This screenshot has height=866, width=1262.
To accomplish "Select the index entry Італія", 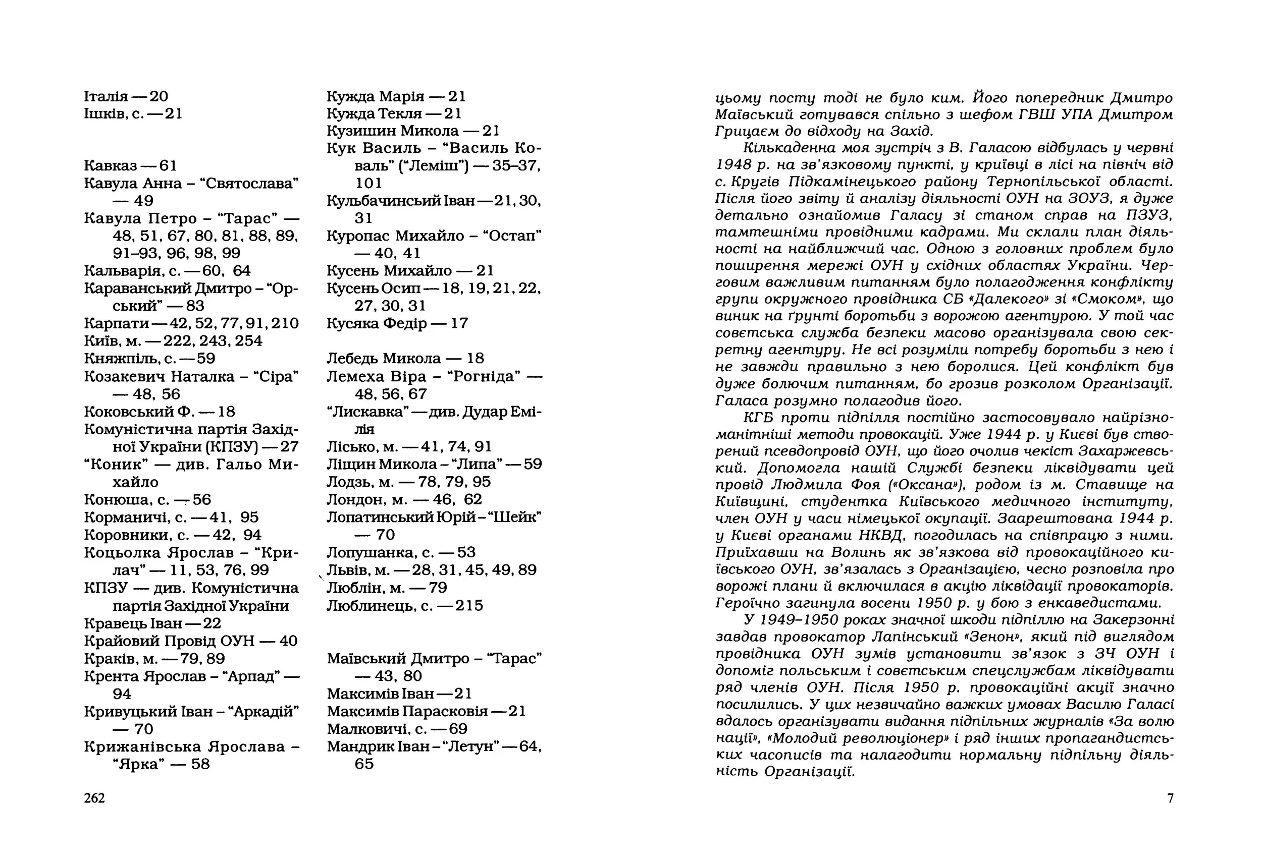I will (106, 96).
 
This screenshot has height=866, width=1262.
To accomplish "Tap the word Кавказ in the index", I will (110, 165).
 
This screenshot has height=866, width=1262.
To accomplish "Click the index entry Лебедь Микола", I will (383, 359).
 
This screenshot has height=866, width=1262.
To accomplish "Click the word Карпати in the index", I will (116, 323).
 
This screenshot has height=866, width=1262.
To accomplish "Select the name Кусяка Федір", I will (376, 323).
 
